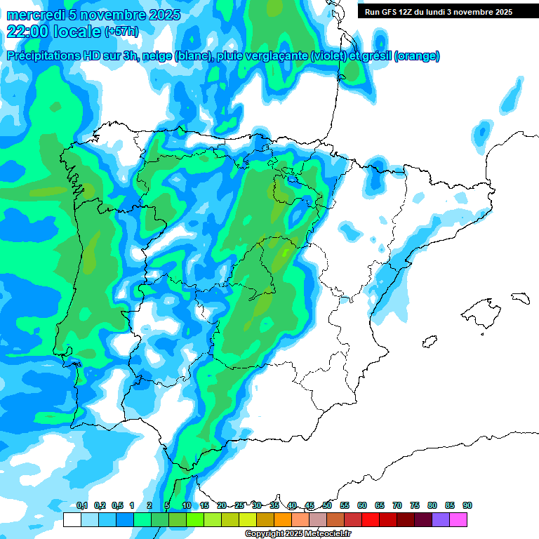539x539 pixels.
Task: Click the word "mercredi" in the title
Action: coord(35,15)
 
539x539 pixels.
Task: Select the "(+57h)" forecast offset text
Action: coord(122,32)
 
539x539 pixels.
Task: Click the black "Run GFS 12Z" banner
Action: coord(438,12)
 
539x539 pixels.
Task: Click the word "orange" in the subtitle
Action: coord(418,56)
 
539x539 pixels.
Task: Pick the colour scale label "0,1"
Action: coord(81,505)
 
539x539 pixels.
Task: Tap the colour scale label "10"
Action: coord(187,505)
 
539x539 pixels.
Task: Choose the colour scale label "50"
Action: coord(327,505)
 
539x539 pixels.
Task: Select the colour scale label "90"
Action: coord(467,505)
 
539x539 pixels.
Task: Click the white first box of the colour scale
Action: coord(72,519)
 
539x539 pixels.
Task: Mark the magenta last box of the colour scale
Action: coord(458,519)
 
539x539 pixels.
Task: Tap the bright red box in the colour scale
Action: coord(371,519)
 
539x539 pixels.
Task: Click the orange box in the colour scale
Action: coord(283,519)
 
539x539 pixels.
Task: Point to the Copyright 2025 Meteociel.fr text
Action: coord(298,534)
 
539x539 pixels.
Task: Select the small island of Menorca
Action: coord(520,298)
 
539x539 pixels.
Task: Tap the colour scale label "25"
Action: coord(239,505)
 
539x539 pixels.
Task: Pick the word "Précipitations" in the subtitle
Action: coord(42,56)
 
